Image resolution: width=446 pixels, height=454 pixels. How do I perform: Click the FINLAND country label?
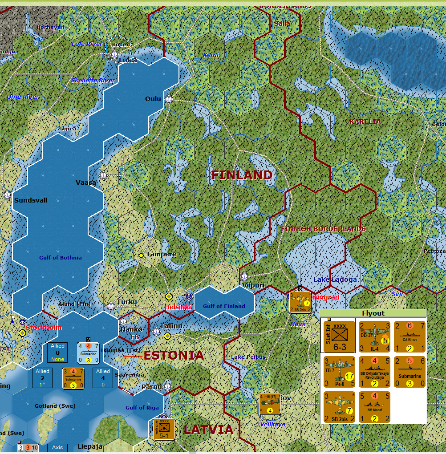[x=242, y=175]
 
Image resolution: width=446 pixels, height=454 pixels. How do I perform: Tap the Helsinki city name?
[x=178, y=307]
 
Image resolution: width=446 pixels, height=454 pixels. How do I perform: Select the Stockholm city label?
[x=44, y=328]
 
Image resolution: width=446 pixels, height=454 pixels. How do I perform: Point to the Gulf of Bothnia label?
[x=61, y=257]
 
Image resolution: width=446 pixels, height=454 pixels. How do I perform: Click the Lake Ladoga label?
[x=335, y=280]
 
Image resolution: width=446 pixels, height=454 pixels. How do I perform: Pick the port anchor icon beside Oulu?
[x=168, y=99]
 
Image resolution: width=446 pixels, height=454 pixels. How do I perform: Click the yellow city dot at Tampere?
[x=141, y=255]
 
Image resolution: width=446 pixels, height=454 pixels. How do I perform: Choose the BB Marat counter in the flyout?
[x=374, y=407]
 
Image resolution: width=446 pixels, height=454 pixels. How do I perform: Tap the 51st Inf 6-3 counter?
[x=339, y=336]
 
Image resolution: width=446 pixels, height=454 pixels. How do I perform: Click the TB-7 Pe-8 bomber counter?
[x=339, y=372]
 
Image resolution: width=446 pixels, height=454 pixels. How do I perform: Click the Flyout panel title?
[x=373, y=313]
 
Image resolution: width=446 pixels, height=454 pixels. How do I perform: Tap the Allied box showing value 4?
[x=103, y=378]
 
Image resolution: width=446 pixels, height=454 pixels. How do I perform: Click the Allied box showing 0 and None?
[x=57, y=353]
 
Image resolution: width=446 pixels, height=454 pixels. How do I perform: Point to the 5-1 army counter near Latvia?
[x=164, y=429]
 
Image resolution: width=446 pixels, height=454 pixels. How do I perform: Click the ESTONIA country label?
[x=174, y=355]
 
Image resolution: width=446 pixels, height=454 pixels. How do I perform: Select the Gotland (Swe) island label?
[x=55, y=406]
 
